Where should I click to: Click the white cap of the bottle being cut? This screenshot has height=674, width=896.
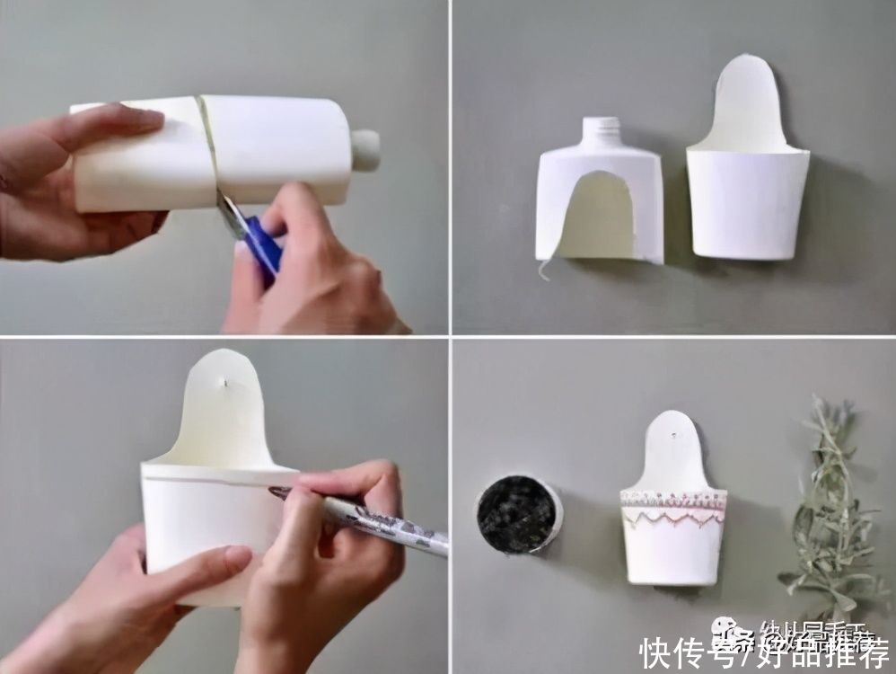tap(365, 150)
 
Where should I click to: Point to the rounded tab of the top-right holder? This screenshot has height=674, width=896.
tap(745, 99)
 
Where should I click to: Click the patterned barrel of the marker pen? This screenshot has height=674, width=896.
tap(395, 530)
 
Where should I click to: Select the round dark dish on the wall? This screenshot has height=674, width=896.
tap(518, 515)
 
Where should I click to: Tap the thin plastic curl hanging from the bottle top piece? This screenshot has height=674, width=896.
tap(542, 269)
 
